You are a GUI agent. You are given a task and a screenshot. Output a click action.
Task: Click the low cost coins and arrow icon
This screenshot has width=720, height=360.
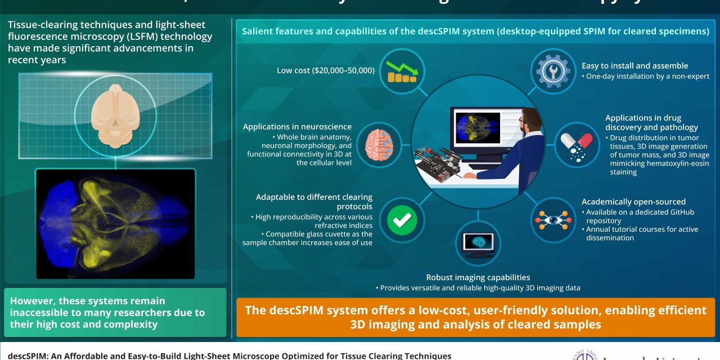click(402, 71)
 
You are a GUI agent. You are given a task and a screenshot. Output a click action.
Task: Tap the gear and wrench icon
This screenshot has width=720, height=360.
click(553, 71)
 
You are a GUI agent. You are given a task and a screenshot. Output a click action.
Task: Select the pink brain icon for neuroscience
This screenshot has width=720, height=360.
click(380, 145)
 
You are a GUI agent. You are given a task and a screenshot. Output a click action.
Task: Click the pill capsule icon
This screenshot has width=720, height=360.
click(577, 145)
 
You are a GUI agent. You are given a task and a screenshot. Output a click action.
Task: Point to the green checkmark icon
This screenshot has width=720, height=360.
click(402, 220)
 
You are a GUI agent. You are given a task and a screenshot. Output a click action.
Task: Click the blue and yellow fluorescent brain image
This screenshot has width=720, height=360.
click(115, 223)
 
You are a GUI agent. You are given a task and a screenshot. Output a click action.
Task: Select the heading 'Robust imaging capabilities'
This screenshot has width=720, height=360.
click(478, 277)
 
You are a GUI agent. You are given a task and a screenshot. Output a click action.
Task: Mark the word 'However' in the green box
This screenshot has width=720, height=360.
click(32, 301)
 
